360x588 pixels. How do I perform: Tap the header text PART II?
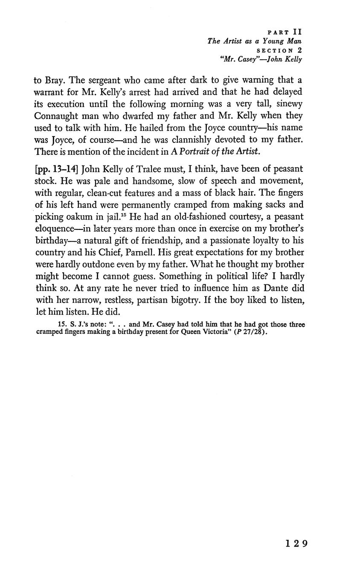coord(285,32)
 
